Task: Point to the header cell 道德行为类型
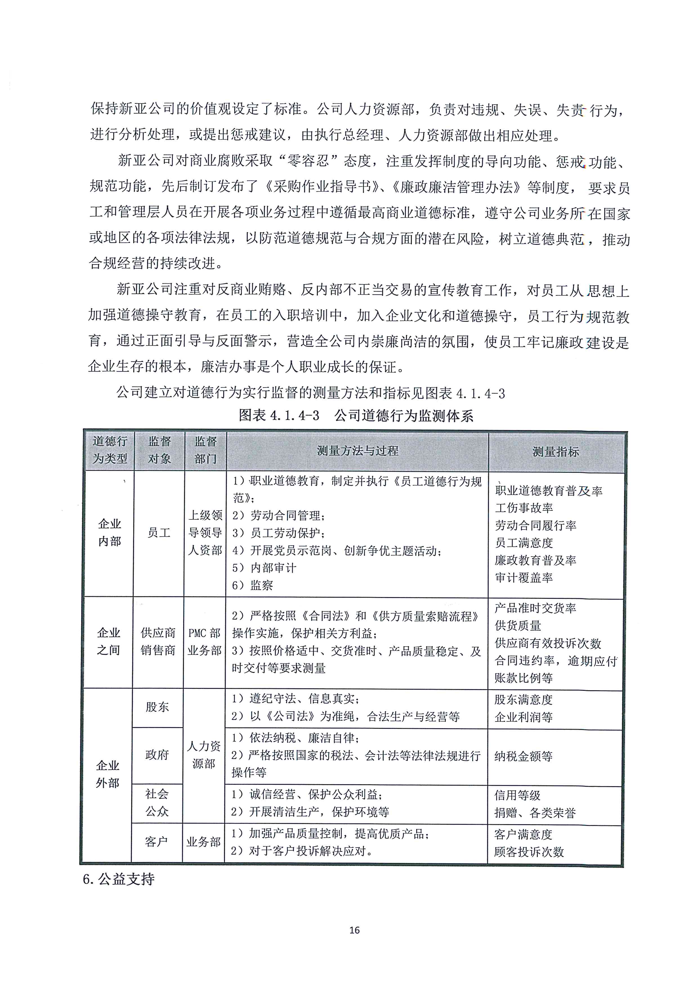point(109,450)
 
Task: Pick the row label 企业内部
point(109,532)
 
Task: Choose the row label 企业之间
point(109,641)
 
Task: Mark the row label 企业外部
point(108,774)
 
